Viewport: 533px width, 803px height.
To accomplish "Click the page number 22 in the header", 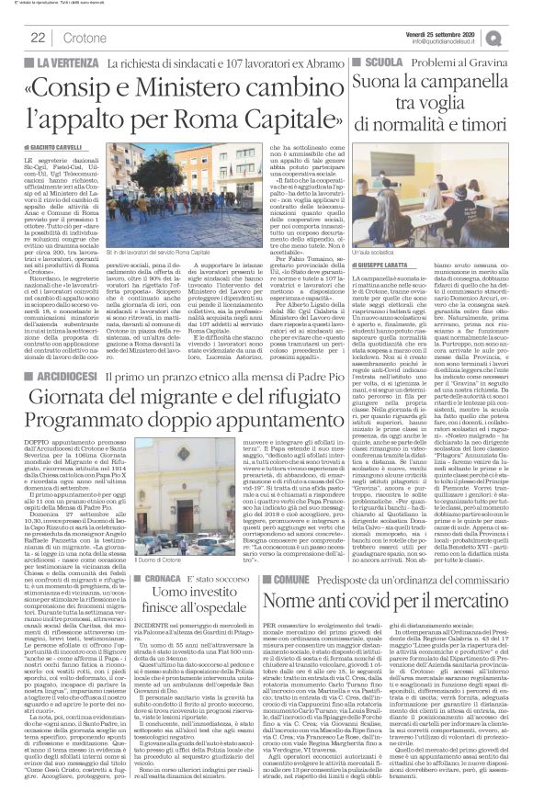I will click(39, 36).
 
